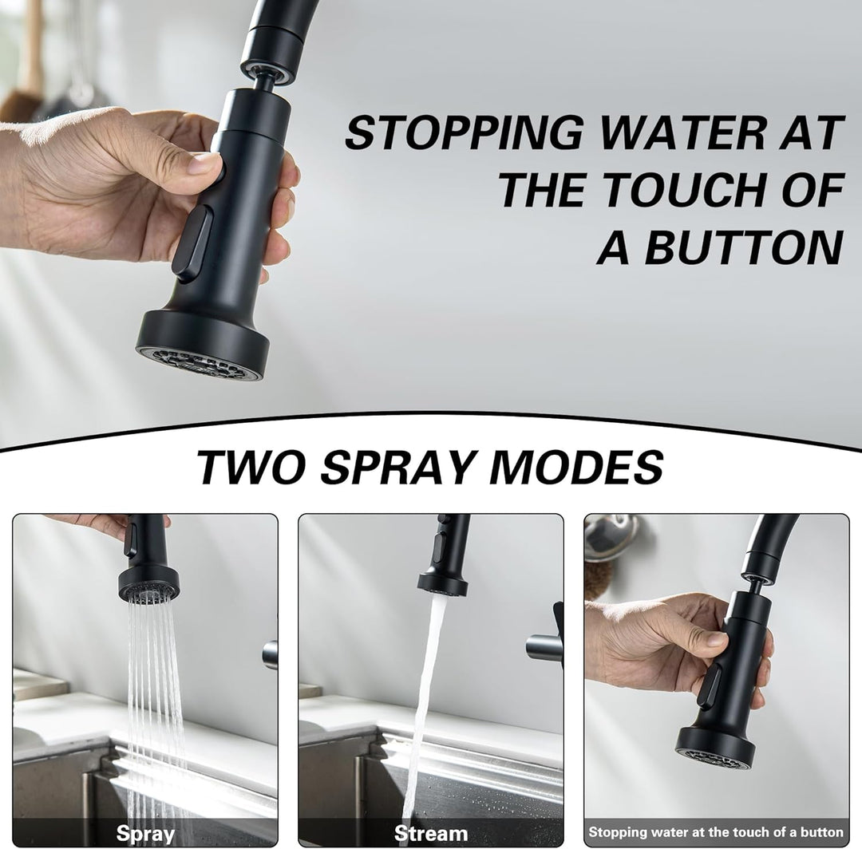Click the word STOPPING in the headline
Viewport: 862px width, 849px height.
(x=463, y=132)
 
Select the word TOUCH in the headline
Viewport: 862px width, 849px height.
(x=681, y=190)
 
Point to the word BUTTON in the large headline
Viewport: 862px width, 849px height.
(x=743, y=247)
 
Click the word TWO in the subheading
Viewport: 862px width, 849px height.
(x=250, y=467)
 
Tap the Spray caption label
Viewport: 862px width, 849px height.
(x=145, y=834)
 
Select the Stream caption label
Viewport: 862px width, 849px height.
(x=430, y=834)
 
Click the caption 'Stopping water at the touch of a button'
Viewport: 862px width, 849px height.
(x=716, y=832)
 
